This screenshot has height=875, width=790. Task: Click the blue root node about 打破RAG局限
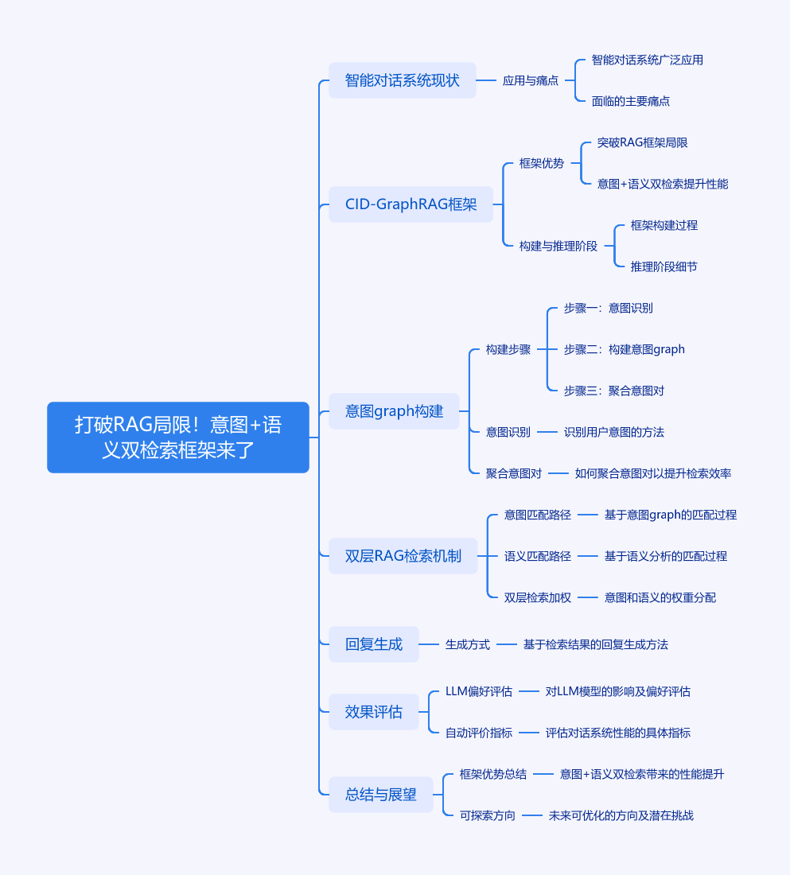click(x=177, y=437)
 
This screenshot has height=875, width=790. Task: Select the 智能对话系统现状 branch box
click(x=402, y=80)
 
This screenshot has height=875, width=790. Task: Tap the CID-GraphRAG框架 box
click(x=411, y=204)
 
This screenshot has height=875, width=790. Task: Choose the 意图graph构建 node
click(x=394, y=411)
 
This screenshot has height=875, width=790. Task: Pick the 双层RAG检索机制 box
click(x=403, y=556)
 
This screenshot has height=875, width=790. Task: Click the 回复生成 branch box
click(x=373, y=644)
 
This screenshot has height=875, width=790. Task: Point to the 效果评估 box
click(x=373, y=712)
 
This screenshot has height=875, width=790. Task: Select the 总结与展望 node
click(x=380, y=795)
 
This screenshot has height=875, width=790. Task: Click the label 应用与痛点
click(x=531, y=80)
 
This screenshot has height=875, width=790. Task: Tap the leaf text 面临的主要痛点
click(x=631, y=101)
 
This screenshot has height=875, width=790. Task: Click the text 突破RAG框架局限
click(x=642, y=142)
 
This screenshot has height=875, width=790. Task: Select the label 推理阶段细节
click(x=664, y=266)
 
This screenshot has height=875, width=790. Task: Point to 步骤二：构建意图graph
click(x=624, y=349)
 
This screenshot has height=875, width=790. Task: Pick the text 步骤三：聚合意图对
click(x=613, y=391)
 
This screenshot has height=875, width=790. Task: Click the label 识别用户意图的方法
click(x=613, y=432)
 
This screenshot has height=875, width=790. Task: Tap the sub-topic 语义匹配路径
click(x=537, y=556)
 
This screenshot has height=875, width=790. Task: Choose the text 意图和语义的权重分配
click(x=660, y=597)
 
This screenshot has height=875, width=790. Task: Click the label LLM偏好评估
click(x=478, y=691)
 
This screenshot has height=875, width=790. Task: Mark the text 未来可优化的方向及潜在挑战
click(x=621, y=815)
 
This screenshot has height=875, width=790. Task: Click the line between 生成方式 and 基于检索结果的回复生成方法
click(x=507, y=644)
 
